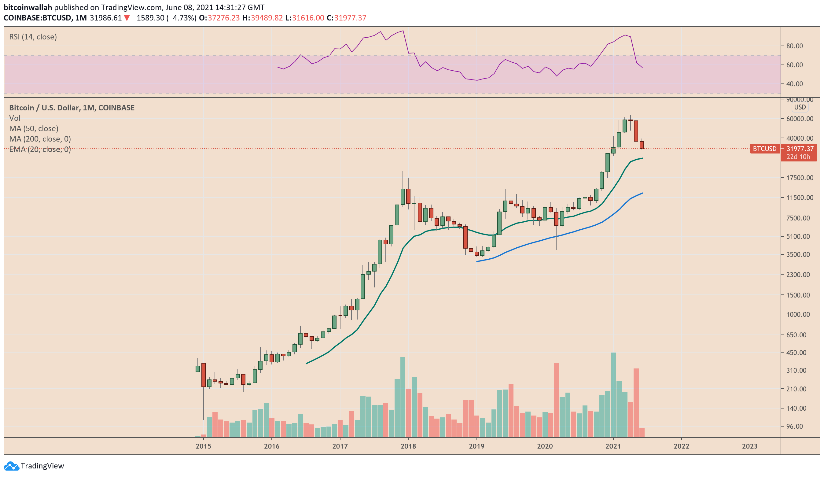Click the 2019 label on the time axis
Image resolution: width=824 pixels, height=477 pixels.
tap(476, 446)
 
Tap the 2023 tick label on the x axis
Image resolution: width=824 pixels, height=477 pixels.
tap(749, 446)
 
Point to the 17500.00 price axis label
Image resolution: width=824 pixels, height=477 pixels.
tap(800, 178)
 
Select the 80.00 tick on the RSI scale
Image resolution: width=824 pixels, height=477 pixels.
tap(794, 46)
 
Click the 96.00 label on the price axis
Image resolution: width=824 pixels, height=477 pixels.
tap(794, 426)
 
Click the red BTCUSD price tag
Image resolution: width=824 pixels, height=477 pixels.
tap(764, 149)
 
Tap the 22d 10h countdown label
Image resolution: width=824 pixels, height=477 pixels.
tap(798, 157)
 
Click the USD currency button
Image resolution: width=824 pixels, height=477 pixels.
tap(800, 107)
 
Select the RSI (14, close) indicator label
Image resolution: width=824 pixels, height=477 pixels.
tap(33, 37)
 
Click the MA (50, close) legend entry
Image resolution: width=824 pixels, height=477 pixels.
tap(34, 128)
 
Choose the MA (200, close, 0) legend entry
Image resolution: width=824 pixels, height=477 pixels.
tap(40, 139)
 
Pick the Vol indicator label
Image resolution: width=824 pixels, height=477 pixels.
tap(15, 118)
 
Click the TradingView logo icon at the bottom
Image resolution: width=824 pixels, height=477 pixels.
tap(11, 466)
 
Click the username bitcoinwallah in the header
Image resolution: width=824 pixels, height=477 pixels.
tap(28, 7)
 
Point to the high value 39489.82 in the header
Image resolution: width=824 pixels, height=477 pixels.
tap(267, 18)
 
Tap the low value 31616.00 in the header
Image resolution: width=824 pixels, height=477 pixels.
tap(308, 18)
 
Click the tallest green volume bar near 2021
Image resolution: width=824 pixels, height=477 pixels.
tap(613, 394)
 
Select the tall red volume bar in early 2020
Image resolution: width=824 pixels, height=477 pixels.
tap(556, 399)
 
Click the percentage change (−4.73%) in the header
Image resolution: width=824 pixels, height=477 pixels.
tap(182, 18)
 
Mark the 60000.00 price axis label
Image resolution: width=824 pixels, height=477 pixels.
tap(800, 119)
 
